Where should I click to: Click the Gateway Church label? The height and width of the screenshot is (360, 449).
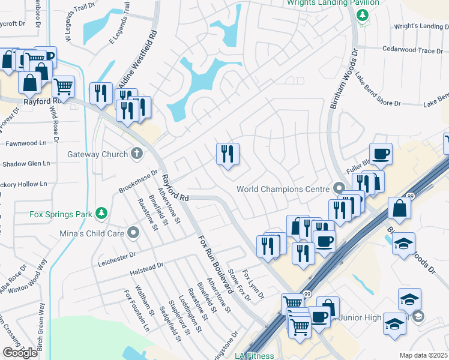pos(97,154)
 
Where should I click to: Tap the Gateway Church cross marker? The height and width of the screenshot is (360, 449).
pos(137,154)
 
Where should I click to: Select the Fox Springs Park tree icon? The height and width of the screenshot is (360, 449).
pos(102,213)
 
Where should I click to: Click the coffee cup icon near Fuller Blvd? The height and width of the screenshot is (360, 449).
pos(381,154)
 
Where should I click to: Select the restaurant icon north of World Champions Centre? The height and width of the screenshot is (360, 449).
pos(228,154)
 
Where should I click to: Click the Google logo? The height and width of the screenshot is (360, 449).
pos(20,353)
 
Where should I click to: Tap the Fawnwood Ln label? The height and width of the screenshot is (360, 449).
pos(26,143)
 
